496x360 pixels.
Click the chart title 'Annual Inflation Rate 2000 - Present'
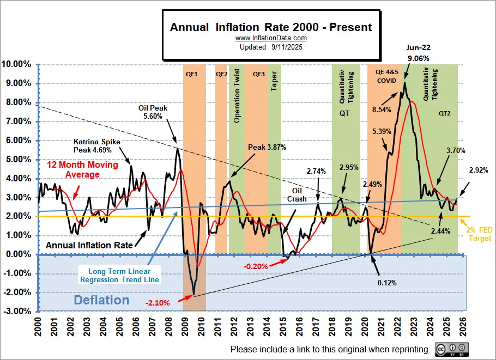point(271,27)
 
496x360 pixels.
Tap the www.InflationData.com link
point(271,38)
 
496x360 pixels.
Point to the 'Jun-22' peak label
point(419,47)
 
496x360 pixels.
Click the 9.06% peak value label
point(419,58)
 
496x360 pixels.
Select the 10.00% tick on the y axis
point(18,64)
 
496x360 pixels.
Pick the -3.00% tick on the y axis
point(17,312)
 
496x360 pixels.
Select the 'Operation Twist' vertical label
point(237,96)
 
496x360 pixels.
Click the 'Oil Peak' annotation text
point(153,108)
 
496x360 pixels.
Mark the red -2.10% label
point(157,302)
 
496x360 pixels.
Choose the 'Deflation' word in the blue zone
point(101,300)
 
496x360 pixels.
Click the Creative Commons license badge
point(452,349)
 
